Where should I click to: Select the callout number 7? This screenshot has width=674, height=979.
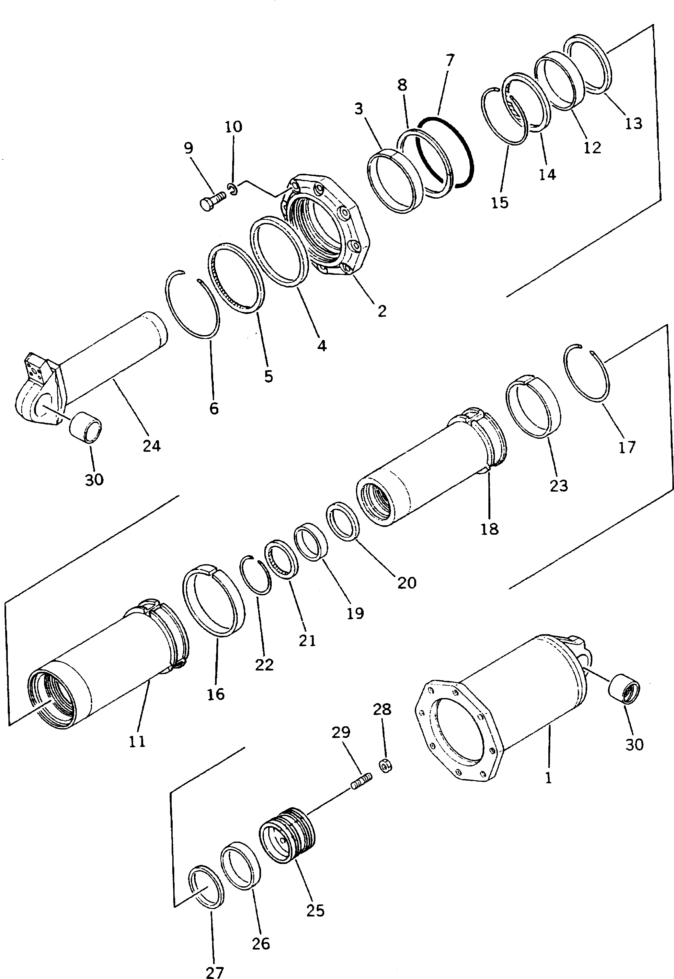click(450, 61)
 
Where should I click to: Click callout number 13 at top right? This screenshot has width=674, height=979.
click(633, 123)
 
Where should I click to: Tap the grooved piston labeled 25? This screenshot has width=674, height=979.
click(287, 835)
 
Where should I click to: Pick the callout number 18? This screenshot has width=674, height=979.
click(489, 529)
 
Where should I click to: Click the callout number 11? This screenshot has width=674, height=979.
click(137, 741)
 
